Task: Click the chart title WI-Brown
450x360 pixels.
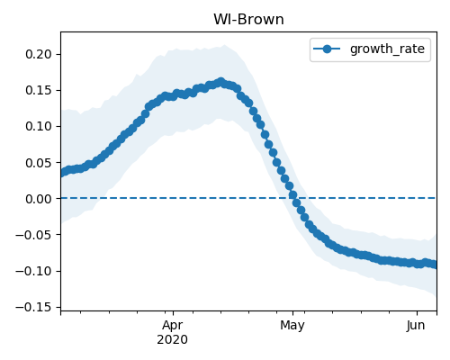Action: pyautogui.click(x=248, y=20)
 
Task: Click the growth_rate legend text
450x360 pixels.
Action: pyautogui.click(x=387, y=49)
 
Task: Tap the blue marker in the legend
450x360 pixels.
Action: pyautogui.click(x=327, y=49)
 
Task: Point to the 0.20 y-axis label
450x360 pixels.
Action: pyautogui.click(x=39, y=54)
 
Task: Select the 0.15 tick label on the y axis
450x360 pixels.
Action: pyautogui.click(x=39, y=90)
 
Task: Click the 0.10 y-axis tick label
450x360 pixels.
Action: pyautogui.click(x=39, y=126)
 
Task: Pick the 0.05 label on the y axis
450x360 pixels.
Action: pyautogui.click(x=39, y=163)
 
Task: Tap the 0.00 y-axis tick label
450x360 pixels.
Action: pyautogui.click(x=39, y=199)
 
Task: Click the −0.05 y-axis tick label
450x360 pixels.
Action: pyautogui.click(x=33, y=235)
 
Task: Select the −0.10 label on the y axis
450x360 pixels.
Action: pyautogui.click(x=33, y=271)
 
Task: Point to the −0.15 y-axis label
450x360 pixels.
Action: pyautogui.click(x=33, y=307)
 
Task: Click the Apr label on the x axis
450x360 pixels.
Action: pyautogui.click(x=173, y=326)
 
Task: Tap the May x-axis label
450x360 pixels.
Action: pyautogui.click(x=292, y=326)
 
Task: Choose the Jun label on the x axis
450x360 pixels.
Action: pyautogui.click(x=416, y=326)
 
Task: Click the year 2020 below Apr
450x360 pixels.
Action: pyautogui.click(x=173, y=340)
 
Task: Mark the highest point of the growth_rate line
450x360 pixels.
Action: pyautogui.click(x=220, y=82)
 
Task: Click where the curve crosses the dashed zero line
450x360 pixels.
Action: pyautogui.click(x=293, y=198)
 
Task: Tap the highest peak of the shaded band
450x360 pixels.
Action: pyautogui.click(x=224, y=45)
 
